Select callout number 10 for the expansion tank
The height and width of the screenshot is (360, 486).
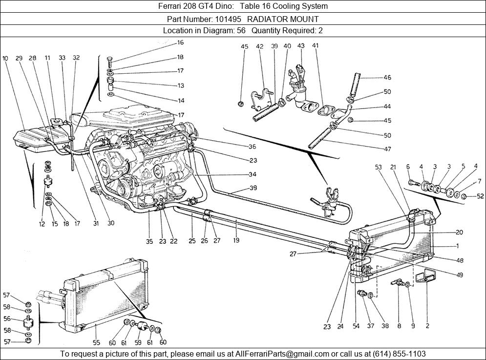tap(5, 58)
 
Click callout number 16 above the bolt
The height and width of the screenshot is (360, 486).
tap(180, 42)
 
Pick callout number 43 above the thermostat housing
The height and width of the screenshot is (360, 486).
tap(301, 46)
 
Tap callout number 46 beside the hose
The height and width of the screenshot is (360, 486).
tap(387, 77)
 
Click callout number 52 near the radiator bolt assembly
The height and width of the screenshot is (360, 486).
tap(480, 196)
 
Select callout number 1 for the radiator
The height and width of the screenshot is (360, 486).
tap(457, 245)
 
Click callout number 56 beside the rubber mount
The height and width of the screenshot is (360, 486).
tap(6, 318)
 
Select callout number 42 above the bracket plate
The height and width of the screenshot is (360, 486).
tap(259, 46)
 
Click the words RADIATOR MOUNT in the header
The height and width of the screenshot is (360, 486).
tap(283, 19)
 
